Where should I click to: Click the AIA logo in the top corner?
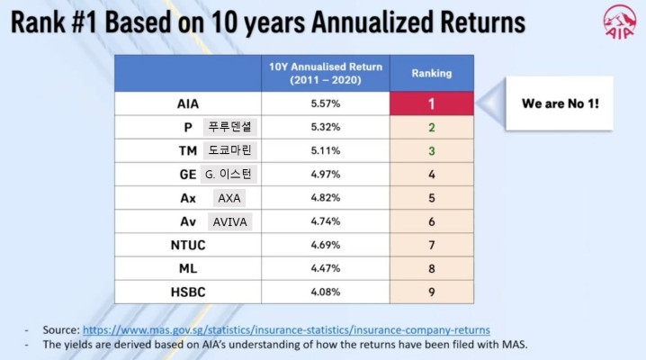point(619,22)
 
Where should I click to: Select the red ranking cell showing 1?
point(432,103)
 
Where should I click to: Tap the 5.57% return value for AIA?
point(326,103)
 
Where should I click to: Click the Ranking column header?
point(432,73)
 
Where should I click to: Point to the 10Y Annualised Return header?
point(326,73)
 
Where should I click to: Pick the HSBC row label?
point(188,292)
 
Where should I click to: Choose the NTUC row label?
point(188,245)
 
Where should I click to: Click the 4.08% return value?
point(326,292)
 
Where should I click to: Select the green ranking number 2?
point(432,127)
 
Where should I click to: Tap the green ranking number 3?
point(432,151)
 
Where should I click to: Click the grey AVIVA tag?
point(230,222)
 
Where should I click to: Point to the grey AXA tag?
point(229,198)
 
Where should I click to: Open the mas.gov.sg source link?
point(286,330)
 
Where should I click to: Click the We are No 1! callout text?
point(561,103)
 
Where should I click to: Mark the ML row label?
point(188,268)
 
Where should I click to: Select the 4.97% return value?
point(326,175)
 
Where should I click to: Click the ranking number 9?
point(432,292)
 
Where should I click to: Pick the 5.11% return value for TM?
point(326,151)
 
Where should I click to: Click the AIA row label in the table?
point(188,103)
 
